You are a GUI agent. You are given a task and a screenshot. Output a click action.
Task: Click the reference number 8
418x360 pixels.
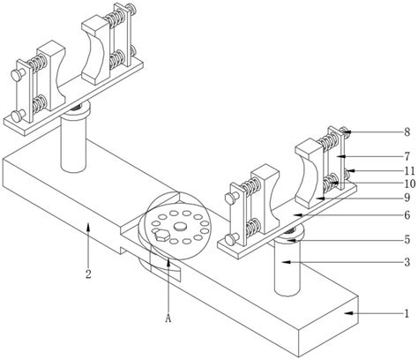click(407, 132)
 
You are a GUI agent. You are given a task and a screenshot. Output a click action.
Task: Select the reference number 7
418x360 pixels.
click(407, 156)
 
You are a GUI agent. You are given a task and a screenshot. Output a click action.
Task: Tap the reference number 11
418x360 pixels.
click(409, 171)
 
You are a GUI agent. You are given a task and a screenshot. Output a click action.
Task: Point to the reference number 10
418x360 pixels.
click(409, 184)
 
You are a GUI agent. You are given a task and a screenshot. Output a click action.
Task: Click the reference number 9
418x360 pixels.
click(407, 198)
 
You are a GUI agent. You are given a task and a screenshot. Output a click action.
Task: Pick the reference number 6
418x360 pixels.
click(407, 215)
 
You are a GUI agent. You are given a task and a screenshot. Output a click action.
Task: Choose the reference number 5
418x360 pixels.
click(407, 240)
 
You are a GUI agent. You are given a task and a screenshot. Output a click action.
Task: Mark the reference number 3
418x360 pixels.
click(407, 262)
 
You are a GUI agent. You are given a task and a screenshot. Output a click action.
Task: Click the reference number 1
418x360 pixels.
click(407, 314)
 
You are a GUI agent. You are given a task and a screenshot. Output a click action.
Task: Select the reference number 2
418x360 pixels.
click(88, 274)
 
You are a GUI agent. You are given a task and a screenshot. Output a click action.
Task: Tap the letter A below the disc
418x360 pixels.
click(168, 319)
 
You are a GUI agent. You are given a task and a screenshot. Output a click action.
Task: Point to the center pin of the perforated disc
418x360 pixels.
click(181, 227)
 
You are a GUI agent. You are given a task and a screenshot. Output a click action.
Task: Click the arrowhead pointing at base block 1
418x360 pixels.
click(348, 313)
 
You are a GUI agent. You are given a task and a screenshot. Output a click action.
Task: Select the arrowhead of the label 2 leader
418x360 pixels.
click(88, 228)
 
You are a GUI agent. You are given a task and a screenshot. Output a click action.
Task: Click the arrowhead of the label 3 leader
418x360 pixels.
click(286, 262)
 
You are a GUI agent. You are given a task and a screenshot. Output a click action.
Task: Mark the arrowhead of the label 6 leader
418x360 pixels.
click(297, 215)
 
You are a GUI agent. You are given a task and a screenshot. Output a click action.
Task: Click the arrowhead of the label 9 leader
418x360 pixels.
click(320, 198)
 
